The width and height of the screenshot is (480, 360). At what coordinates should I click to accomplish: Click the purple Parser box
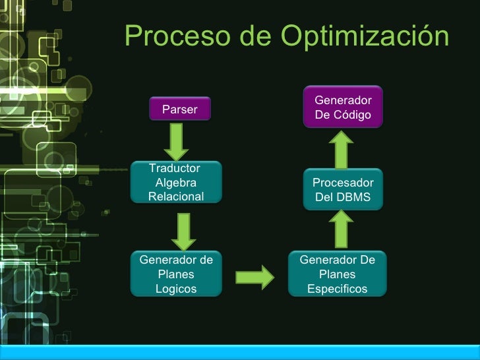pyautogui.click(x=179, y=109)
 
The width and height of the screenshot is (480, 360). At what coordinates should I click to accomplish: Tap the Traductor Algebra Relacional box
pyautogui.click(x=176, y=183)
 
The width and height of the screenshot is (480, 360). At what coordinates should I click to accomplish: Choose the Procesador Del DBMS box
pyautogui.click(x=342, y=190)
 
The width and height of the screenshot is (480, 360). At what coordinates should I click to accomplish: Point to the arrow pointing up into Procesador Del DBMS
pyautogui.click(x=342, y=229)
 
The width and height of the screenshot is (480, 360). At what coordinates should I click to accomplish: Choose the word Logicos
pyautogui.click(x=176, y=289)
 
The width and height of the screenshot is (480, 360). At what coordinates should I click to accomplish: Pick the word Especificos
pyautogui.click(x=337, y=289)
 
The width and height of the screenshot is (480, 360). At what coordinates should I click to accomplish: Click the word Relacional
pyautogui.click(x=176, y=196)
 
